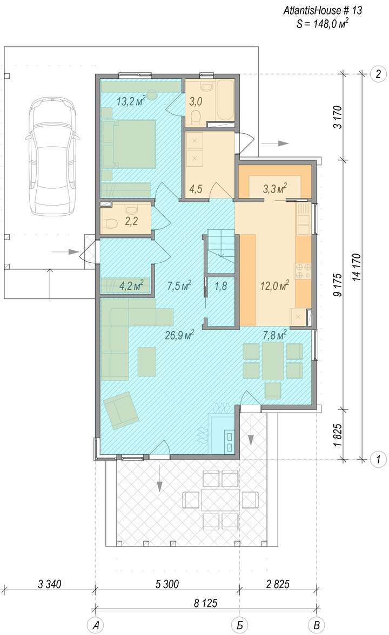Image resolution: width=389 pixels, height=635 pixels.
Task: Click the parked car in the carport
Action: [51, 156]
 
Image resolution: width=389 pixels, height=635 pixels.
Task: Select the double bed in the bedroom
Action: [129, 144]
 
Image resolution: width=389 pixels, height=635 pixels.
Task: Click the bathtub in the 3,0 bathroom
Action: [225, 100]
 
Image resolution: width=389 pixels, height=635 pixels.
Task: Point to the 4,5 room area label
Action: [196, 189]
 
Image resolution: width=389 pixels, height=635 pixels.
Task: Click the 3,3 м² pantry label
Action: [275, 188]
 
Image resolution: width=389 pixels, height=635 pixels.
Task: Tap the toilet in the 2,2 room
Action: [110, 223]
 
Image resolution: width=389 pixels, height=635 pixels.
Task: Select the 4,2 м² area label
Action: [131, 286]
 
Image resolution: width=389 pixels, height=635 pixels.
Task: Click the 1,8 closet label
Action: [220, 286]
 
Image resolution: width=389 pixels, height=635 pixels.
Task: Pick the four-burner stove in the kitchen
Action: [303, 271]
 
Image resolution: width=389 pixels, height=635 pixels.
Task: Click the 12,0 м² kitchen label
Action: [274, 286]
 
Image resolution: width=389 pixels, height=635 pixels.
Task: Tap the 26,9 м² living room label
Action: [179, 335]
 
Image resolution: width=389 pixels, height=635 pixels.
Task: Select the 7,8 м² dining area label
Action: [274, 335]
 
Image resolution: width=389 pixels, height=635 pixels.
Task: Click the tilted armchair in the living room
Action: [121, 410]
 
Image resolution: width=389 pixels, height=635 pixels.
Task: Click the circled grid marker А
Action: [96, 625]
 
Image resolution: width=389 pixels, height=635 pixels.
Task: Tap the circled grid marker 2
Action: [378, 74]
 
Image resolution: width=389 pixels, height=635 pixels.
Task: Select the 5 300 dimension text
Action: [167, 584]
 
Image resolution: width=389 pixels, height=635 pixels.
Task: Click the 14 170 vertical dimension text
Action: [357, 267]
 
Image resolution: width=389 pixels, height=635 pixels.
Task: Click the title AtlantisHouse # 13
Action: [323, 11]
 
